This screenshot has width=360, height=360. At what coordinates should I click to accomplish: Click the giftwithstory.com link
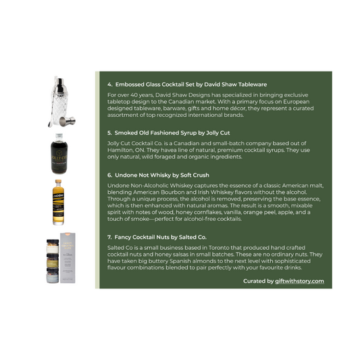299,281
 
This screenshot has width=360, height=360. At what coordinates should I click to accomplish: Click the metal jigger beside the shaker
68,121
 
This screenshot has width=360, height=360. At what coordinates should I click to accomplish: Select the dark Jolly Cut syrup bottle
59,154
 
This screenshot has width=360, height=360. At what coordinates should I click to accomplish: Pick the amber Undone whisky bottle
58,203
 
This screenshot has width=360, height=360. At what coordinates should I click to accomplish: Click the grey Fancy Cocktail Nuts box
68,257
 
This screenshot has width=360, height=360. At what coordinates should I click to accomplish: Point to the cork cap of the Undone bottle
58,182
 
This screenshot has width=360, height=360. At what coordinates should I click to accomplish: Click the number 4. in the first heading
109,84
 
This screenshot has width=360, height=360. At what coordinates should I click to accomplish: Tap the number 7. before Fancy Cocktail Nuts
109,237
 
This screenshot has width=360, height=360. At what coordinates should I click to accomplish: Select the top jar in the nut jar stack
53,246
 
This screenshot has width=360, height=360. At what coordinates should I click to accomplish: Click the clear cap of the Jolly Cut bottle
59,137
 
